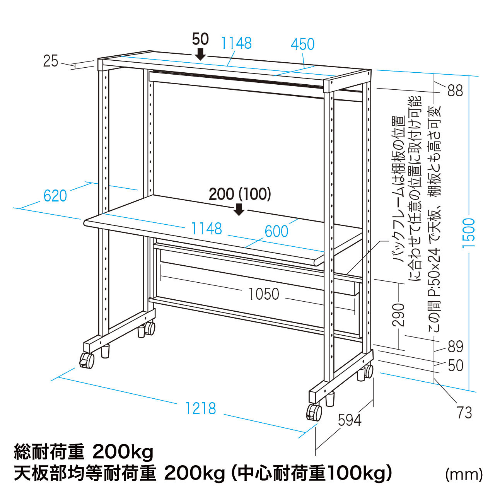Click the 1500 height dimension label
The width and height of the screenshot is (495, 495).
[x=469, y=233]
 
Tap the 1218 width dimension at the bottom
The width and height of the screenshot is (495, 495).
[x=200, y=408]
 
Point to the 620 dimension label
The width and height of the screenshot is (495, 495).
[x=55, y=196]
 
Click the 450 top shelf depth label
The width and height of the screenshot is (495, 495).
[x=302, y=44]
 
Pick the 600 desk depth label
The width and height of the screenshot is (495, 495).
[x=277, y=231]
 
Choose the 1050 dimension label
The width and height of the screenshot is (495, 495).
[x=264, y=294]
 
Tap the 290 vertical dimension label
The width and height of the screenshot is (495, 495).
[x=399, y=315]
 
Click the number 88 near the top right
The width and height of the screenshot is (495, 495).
[x=455, y=90]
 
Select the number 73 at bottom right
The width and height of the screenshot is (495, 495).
[x=464, y=413]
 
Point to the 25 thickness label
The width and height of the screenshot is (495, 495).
[x=51, y=61]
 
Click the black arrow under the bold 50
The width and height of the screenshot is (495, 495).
[x=200, y=54]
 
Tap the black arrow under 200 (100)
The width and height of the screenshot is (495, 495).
[x=239, y=209]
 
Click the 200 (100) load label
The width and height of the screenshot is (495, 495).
[x=240, y=194]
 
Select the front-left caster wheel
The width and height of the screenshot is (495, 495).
[x=87, y=360]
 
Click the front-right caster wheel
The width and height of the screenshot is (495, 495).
[x=314, y=412]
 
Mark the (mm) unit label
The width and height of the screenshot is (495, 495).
[x=464, y=475]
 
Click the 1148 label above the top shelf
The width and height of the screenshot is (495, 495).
[x=236, y=43]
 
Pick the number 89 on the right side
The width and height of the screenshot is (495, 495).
[x=456, y=346]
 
